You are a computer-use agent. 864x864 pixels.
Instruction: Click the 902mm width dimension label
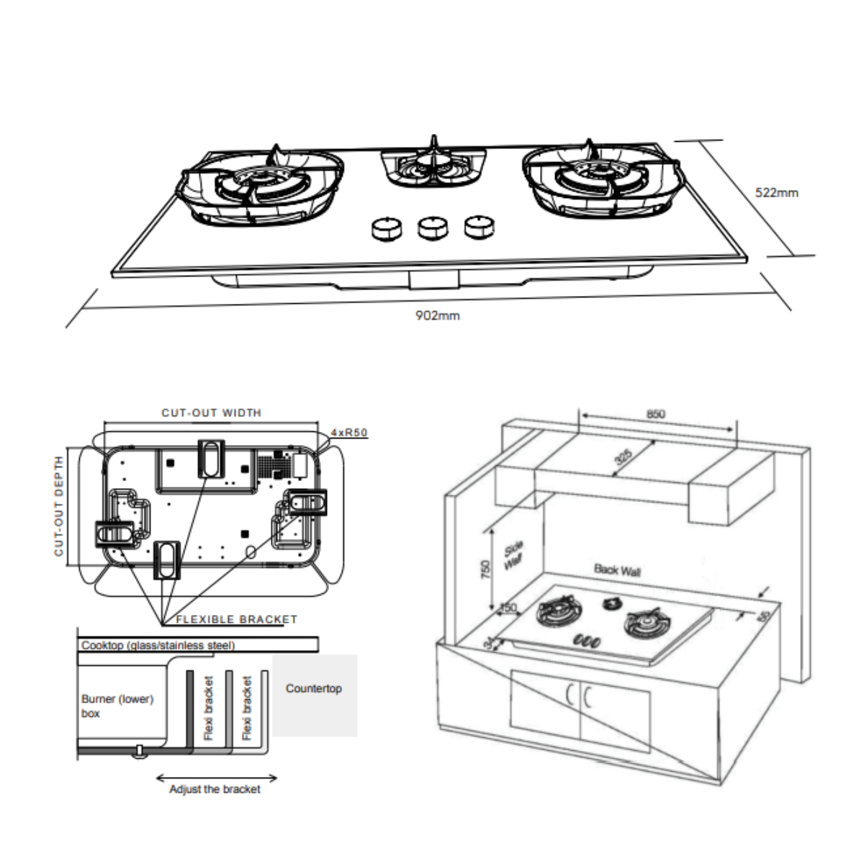click(x=437, y=315)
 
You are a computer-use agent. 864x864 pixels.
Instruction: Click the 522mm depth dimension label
click(x=776, y=192)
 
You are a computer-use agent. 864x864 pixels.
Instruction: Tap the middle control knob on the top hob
click(x=431, y=228)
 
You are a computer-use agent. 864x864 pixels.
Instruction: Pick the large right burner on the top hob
click(x=600, y=179)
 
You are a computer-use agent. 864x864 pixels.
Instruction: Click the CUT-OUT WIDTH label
click(x=211, y=413)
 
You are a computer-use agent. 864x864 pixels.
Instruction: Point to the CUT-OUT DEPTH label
click(x=59, y=505)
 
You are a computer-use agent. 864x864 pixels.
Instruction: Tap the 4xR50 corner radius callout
click(x=349, y=433)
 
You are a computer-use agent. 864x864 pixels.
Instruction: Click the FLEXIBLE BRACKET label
click(x=236, y=619)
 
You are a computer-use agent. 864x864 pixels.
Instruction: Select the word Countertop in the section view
click(x=314, y=688)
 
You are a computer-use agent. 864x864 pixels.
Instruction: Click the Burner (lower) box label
click(x=117, y=706)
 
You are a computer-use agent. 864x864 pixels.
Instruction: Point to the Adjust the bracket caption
click(x=215, y=789)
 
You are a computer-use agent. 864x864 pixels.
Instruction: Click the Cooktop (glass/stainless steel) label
click(x=158, y=645)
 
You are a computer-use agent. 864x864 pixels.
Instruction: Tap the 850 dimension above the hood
click(x=656, y=414)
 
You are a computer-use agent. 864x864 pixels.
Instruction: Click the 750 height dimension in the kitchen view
click(x=485, y=569)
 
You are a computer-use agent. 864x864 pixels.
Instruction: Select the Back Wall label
click(x=617, y=570)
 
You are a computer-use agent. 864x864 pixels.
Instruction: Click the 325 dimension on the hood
click(x=624, y=456)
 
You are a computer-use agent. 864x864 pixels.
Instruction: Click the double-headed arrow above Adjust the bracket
click(x=216, y=778)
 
